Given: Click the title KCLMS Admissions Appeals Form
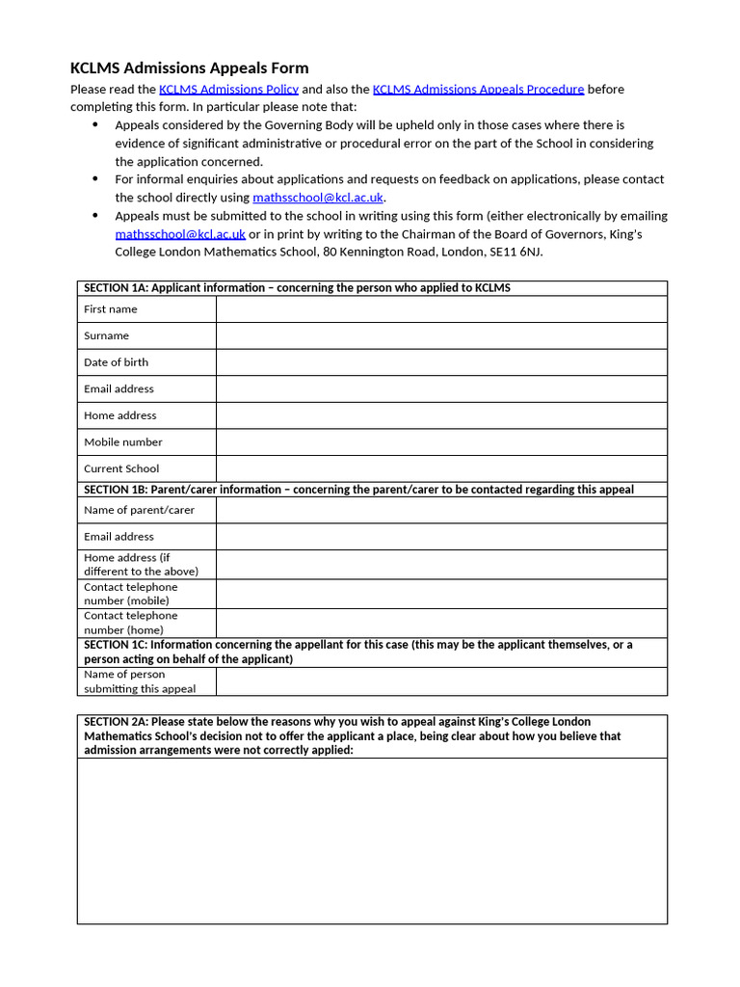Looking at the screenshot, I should [x=190, y=67].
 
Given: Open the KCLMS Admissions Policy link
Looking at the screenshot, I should [x=228, y=89].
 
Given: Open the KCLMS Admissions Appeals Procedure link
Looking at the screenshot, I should [x=478, y=89].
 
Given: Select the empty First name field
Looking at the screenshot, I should [x=441, y=309].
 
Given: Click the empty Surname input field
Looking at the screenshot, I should [x=441, y=335].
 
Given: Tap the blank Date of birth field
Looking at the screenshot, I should [x=441, y=362].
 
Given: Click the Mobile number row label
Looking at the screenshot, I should [x=123, y=442].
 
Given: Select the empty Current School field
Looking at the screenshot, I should [x=441, y=468].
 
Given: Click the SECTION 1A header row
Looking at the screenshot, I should [x=297, y=288].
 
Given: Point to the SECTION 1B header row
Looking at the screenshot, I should [x=358, y=490].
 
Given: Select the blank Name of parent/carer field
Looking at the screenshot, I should [x=441, y=510].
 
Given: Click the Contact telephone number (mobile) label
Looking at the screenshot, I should [x=131, y=594].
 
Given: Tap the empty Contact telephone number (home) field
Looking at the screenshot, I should [x=441, y=623].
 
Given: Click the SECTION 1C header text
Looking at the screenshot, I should [x=358, y=652].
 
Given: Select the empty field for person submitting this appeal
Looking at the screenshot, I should [x=441, y=681].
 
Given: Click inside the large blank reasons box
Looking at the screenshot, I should [x=372, y=840].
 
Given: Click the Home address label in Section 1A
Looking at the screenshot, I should [x=120, y=415].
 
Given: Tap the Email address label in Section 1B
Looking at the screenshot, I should [x=119, y=537].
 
